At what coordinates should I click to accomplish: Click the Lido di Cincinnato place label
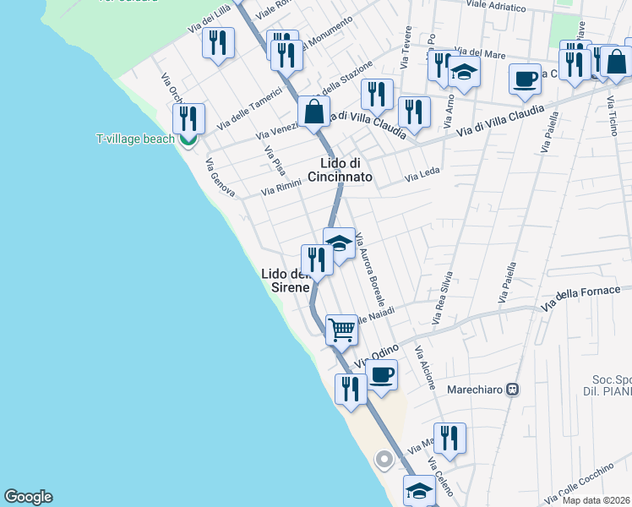click(346, 170)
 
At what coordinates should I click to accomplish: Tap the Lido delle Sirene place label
click(285, 281)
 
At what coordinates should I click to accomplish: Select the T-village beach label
click(135, 139)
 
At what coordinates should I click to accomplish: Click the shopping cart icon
click(341, 329)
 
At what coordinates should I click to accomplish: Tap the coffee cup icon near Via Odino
click(382, 373)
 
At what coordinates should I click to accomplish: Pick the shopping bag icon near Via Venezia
click(314, 111)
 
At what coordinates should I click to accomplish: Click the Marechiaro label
click(488, 390)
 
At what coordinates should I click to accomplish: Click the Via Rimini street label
click(281, 190)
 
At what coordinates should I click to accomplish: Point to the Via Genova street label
click(219, 176)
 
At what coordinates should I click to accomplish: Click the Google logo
click(28, 497)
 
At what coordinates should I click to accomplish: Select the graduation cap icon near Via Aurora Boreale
click(339, 243)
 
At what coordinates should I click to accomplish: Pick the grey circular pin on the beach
click(384, 461)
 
